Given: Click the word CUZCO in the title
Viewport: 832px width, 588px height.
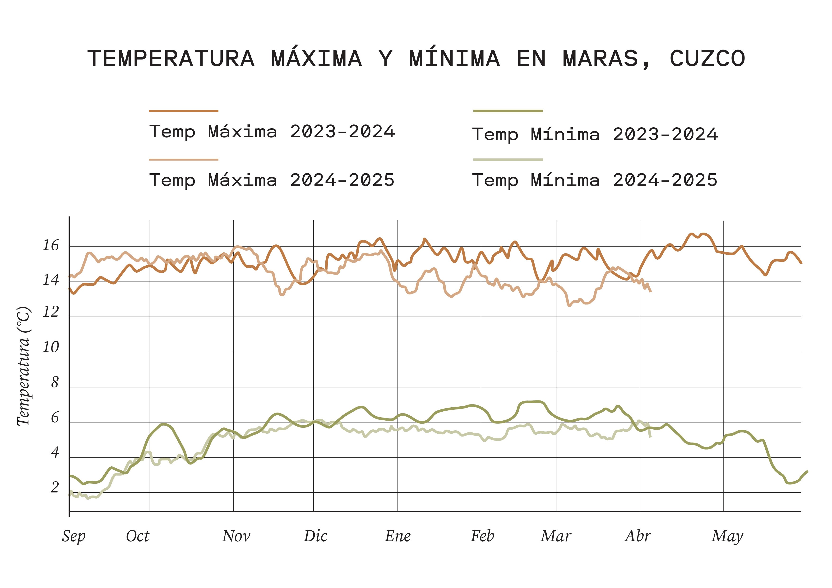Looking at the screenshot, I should click(x=707, y=59).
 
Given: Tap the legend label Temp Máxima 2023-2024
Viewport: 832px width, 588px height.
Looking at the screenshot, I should click(x=272, y=132).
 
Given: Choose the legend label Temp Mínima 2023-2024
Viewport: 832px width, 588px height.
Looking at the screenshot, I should click(x=595, y=134).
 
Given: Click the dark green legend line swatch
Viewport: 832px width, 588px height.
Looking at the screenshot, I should click(x=508, y=111).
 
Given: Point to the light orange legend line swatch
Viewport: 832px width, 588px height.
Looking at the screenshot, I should click(x=184, y=159).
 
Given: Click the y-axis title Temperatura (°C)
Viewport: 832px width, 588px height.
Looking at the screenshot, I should click(x=24, y=366).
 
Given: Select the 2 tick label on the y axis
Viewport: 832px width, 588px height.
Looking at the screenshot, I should click(x=55, y=488).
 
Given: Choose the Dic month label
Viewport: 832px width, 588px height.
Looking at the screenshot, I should click(x=315, y=536).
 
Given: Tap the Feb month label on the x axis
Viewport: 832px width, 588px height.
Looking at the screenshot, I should click(x=482, y=536).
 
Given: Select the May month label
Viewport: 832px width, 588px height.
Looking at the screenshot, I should click(x=727, y=536).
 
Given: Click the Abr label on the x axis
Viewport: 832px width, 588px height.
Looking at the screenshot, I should click(x=638, y=536).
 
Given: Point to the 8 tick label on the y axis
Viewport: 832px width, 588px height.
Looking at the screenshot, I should click(x=55, y=383).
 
